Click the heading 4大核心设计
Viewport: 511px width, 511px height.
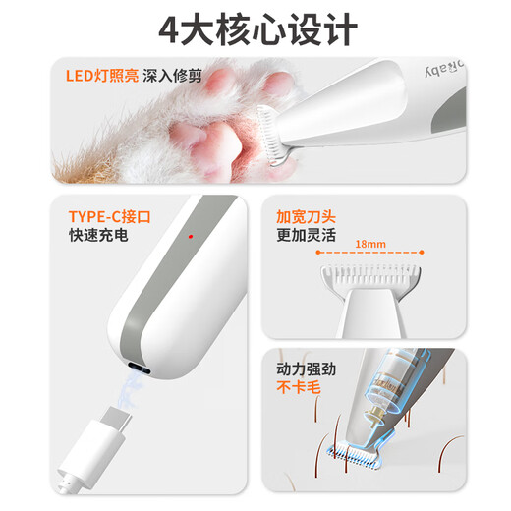256,28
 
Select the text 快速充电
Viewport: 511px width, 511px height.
98,237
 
